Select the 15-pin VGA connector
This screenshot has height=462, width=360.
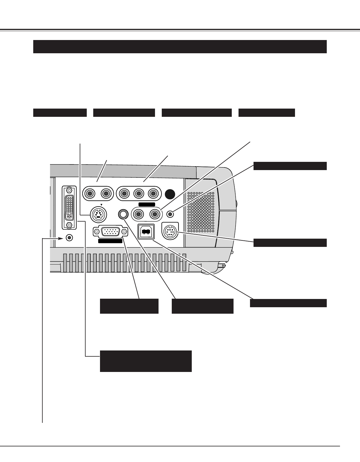[x=110, y=232]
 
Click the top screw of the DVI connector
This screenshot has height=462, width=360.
[x=69, y=190]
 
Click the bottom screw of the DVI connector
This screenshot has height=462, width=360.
[x=69, y=225]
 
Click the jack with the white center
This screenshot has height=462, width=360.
[x=123, y=214]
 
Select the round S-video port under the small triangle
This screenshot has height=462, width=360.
[x=98, y=215]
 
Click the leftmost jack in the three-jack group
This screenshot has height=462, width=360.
[x=124, y=194]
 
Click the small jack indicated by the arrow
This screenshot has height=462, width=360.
[x=69, y=237]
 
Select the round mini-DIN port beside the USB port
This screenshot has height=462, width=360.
[x=170, y=232]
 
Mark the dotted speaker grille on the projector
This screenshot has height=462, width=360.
[x=201, y=212]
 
